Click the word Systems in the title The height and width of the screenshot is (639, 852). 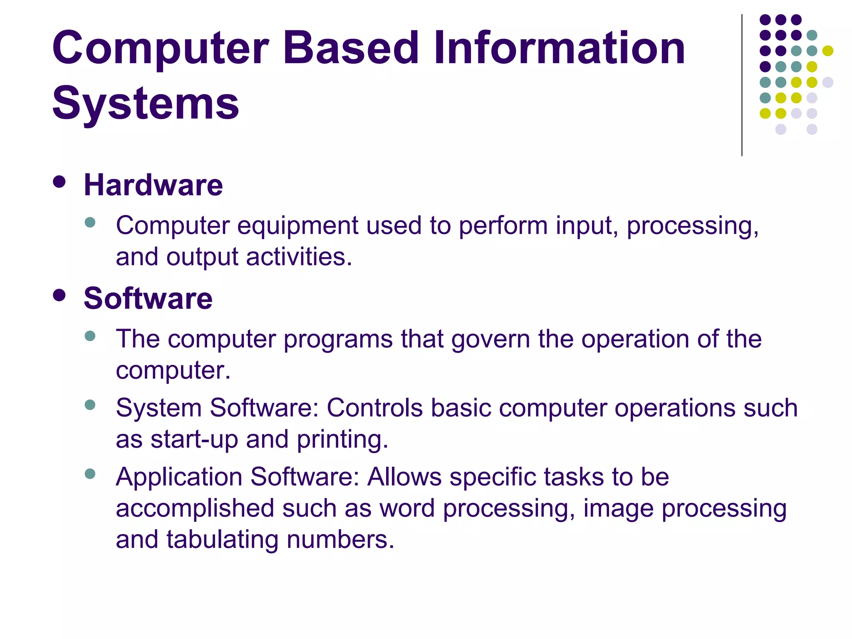point(146,103)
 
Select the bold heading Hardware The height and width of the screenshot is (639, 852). point(153,185)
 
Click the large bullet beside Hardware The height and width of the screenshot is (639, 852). point(59,182)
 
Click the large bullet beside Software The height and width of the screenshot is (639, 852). point(59,295)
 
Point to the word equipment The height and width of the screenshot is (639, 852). point(297,226)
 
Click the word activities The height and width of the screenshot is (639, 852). point(299,257)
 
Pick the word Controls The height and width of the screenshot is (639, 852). point(374,408)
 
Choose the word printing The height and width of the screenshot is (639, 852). point(342,439)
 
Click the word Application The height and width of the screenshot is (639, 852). point(179,477)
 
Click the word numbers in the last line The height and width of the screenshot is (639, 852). point(340,540)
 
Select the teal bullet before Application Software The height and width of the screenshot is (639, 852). point(90,473)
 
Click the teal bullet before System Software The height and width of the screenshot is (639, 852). point(90,405)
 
